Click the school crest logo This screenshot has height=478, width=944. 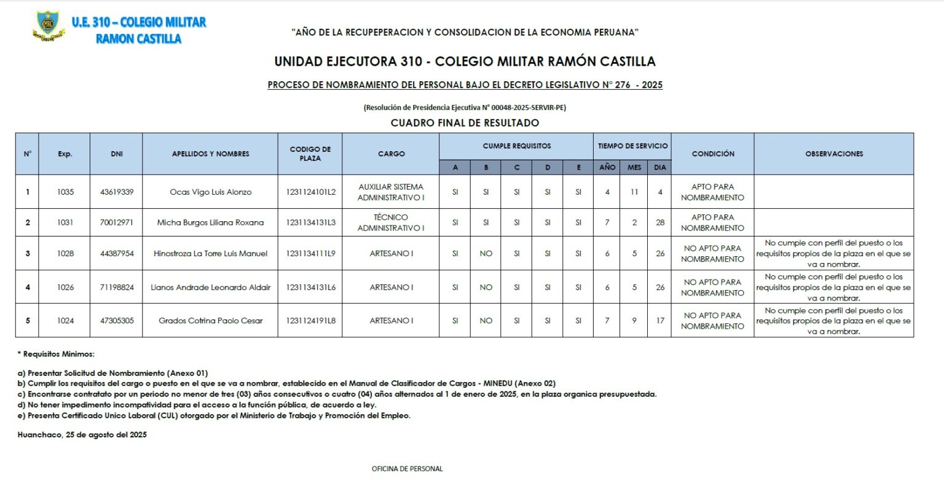(48, 26)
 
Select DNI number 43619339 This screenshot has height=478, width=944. (117, 192)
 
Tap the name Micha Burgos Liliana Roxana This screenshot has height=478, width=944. (210, 222)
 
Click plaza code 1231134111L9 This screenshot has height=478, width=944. (310, 253)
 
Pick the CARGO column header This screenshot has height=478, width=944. (391, 154)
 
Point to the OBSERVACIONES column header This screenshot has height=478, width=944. (833, 154)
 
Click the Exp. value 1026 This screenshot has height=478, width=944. (65, 287)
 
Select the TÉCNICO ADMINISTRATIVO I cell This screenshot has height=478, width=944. (391, 222)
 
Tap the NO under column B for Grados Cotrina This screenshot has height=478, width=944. (486, 320)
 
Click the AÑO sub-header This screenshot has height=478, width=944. (607, 167)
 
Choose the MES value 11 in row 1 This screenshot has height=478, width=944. (634, 192)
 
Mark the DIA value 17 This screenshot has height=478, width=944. (659, 320)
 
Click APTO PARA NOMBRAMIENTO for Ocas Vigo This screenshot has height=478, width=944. (712, 192)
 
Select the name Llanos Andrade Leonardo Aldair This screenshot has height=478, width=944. (210, 287)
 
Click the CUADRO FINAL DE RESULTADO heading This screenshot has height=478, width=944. (465, 123)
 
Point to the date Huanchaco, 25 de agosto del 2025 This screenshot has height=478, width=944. (82, 435)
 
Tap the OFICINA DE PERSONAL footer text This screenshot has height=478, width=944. (407, 469)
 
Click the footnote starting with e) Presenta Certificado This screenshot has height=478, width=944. (218, 415)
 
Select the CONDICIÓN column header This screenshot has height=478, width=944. (712, 154)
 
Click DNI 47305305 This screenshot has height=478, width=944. (117, 320)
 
